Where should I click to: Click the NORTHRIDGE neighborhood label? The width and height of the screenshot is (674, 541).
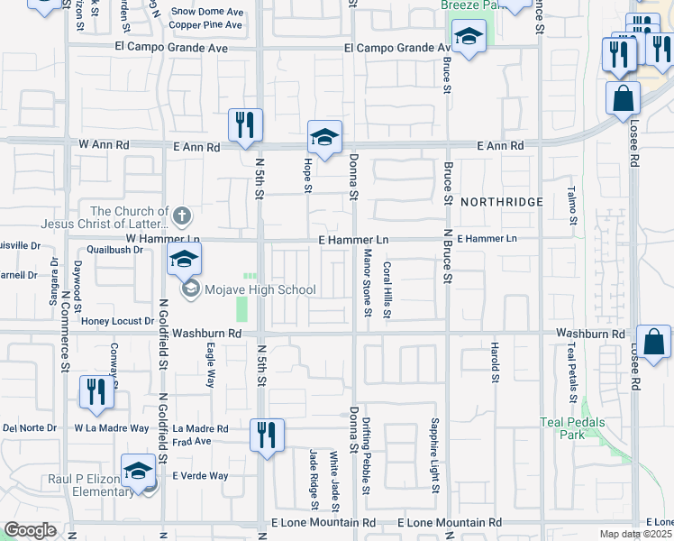[502, 202]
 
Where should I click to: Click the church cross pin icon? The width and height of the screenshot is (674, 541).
[182, 215]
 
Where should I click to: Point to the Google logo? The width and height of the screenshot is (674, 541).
[30, 530]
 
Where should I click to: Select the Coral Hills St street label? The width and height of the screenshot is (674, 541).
[387, 289]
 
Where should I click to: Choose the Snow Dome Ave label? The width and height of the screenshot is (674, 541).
[207, 12]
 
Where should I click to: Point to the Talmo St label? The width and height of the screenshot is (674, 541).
[571, 206]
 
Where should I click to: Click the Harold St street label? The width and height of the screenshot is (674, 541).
[495, 364]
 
